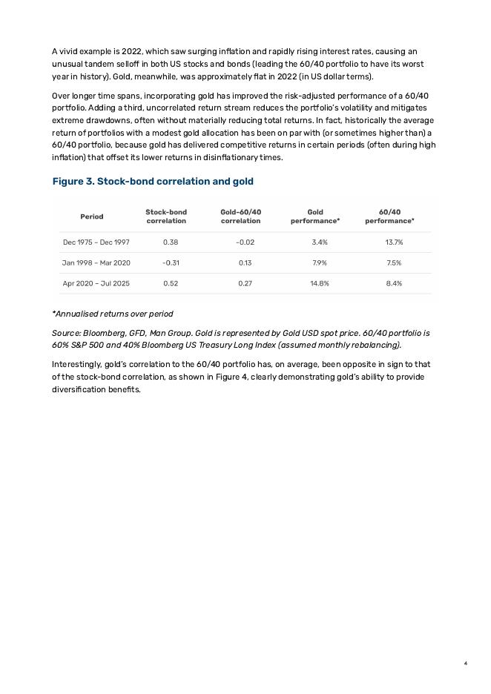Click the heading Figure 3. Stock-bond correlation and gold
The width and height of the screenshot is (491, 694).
point(153,182)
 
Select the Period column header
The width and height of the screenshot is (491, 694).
point(92,217)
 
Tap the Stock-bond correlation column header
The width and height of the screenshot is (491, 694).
point(166,217)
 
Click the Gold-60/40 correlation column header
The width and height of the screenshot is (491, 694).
point(241,217)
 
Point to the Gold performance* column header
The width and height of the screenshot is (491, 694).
point(315,217)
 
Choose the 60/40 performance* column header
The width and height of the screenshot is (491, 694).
point(390,217)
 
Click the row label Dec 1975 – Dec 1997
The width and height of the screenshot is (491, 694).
point(96,242)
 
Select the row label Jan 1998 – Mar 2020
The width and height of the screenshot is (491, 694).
point(96,262)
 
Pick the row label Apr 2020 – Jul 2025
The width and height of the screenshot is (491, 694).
point(96,283)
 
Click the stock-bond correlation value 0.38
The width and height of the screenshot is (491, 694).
point(170,242)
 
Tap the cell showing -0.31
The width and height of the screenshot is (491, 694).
point(171,262)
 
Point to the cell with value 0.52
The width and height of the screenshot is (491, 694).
point(171,283)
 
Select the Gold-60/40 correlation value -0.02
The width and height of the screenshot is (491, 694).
point(245,242)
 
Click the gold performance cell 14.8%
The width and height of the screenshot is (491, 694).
point(320,283)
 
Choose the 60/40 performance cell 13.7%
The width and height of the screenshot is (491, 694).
point(394,242)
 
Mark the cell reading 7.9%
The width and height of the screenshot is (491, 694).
point(320,262)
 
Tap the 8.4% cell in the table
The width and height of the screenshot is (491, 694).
point(394,283)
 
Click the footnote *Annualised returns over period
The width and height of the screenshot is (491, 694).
point(112,314)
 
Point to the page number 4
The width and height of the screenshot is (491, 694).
point(465,664)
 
